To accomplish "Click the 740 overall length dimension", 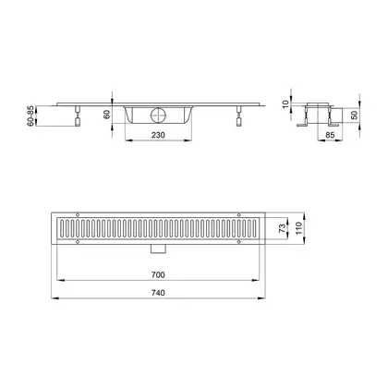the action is pyautogui.click(x=158, y=293).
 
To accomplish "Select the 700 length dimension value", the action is pyautogui.click(x=158, y=274).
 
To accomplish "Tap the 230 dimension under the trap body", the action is pyautogui.click(x=158, y=135).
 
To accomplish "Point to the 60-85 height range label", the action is pyautogui.click(x=30, y=115).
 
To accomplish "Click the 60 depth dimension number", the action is pyautogui.click(x=106, y=115).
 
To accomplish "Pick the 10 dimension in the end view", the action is pyautogui.click(x=286, y=104).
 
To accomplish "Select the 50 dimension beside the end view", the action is pyautogui.click(x=354, y=115).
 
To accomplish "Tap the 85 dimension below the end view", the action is pyautogui.click(x=330, y=135).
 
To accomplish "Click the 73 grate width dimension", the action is pyautogui.click(x=282, y=228).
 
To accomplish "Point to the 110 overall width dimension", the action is pyautogui.click(x=298, y=228).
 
